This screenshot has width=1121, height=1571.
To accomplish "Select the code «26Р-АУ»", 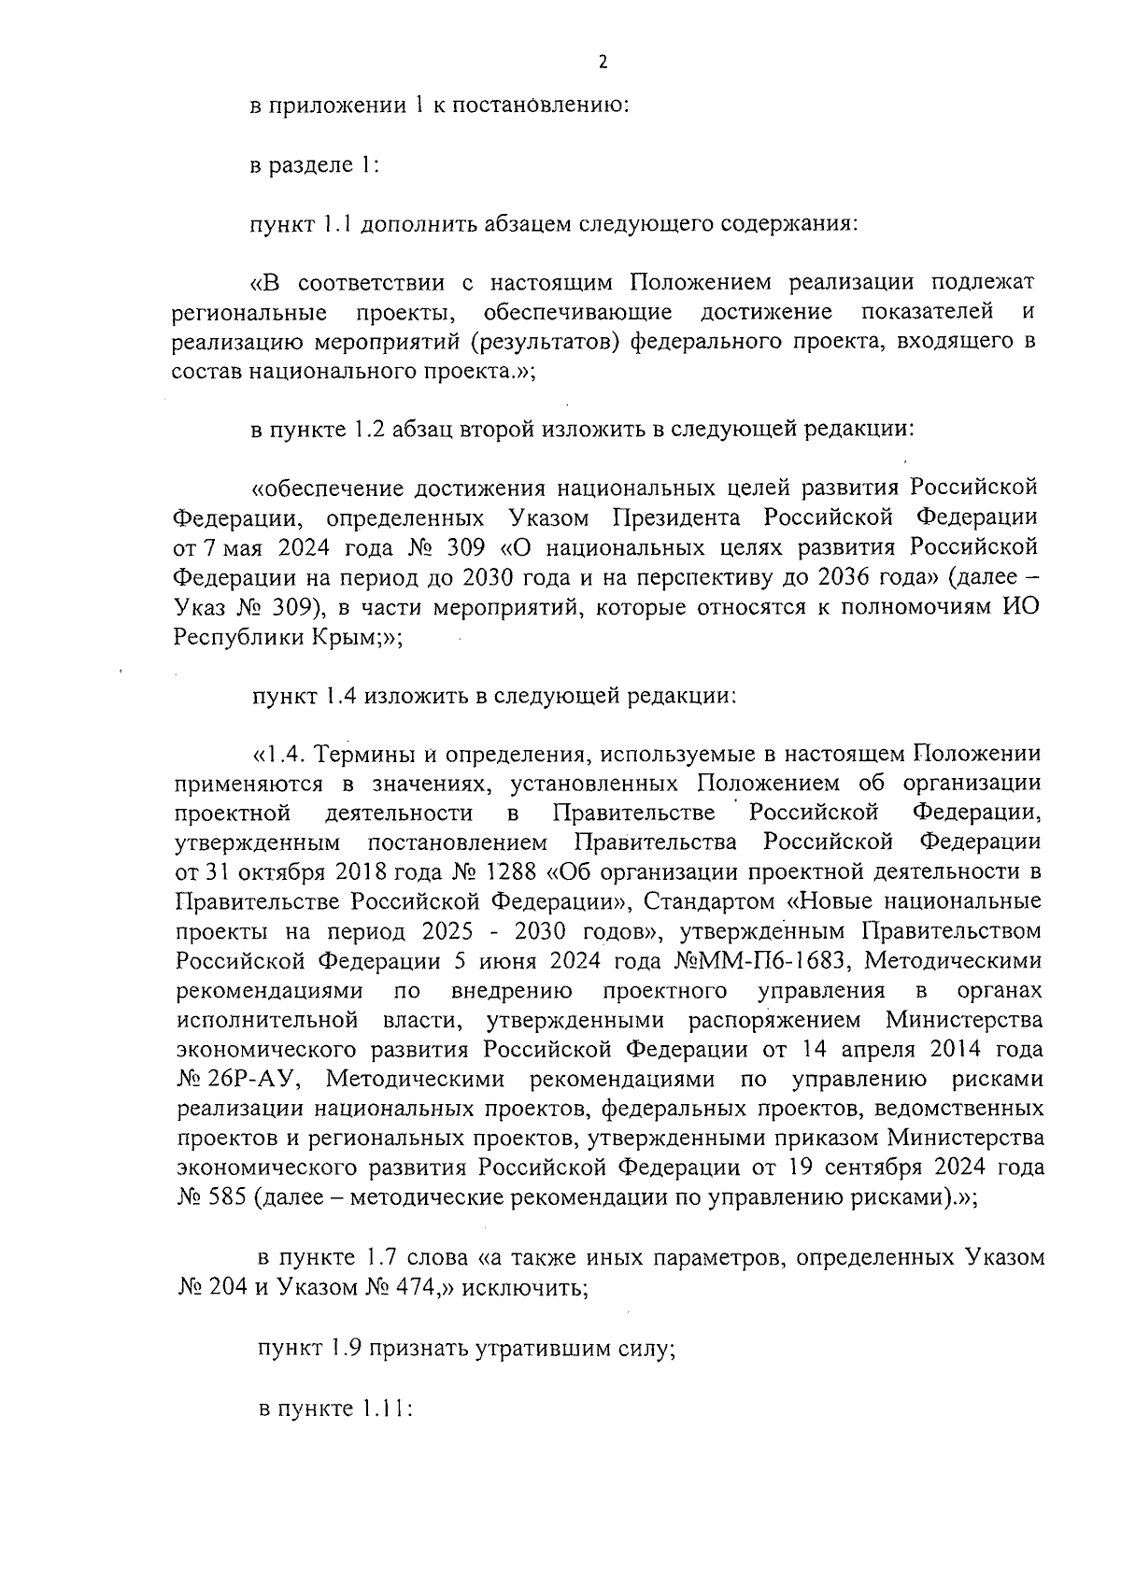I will point(253,1081).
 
